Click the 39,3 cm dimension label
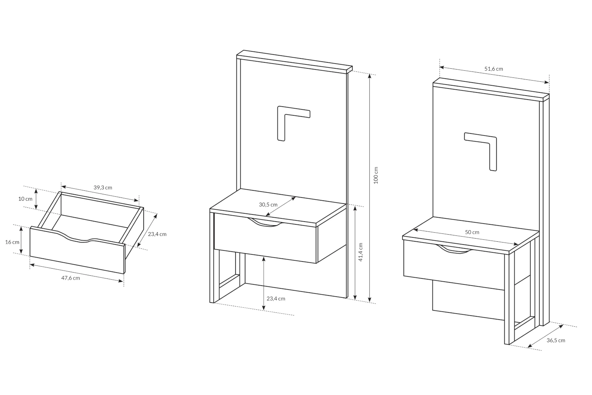click(103, 188)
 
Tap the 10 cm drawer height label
click(25, 199)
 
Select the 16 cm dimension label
click(12, 242)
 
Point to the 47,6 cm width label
click(71, 278)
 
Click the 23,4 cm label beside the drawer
click(157, 234)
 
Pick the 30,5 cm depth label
click(268, 205)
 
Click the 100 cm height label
click(376, 175)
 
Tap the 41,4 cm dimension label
click(360, 252)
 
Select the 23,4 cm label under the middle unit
click(276, 299)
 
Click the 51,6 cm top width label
click(494, 69)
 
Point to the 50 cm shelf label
click(472, 232)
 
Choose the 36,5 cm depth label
click(556, 340)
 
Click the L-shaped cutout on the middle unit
click(281, 111)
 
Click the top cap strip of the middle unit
click(294, 61)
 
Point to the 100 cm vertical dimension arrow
click(369, 188)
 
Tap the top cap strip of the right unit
click(491, 90)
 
